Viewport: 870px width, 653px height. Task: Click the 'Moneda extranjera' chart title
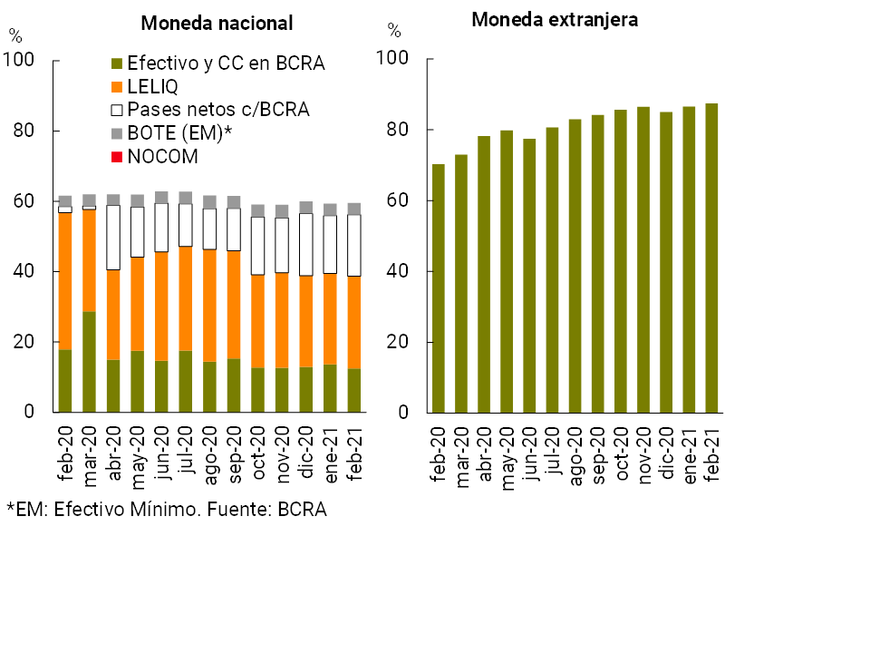[555, 20]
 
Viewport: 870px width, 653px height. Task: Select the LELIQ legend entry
[152, 87]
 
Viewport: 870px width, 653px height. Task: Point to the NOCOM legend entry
[162, 157]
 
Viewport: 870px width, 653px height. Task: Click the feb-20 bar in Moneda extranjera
[439, 288]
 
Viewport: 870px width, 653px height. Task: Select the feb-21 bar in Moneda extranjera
[711, 258]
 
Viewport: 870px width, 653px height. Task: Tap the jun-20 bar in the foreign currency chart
[529, 276]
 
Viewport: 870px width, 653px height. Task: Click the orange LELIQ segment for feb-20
[65, 281]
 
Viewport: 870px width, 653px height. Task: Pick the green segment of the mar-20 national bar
[89, 362]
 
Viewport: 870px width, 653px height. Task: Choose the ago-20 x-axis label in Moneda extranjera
[575, 451]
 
